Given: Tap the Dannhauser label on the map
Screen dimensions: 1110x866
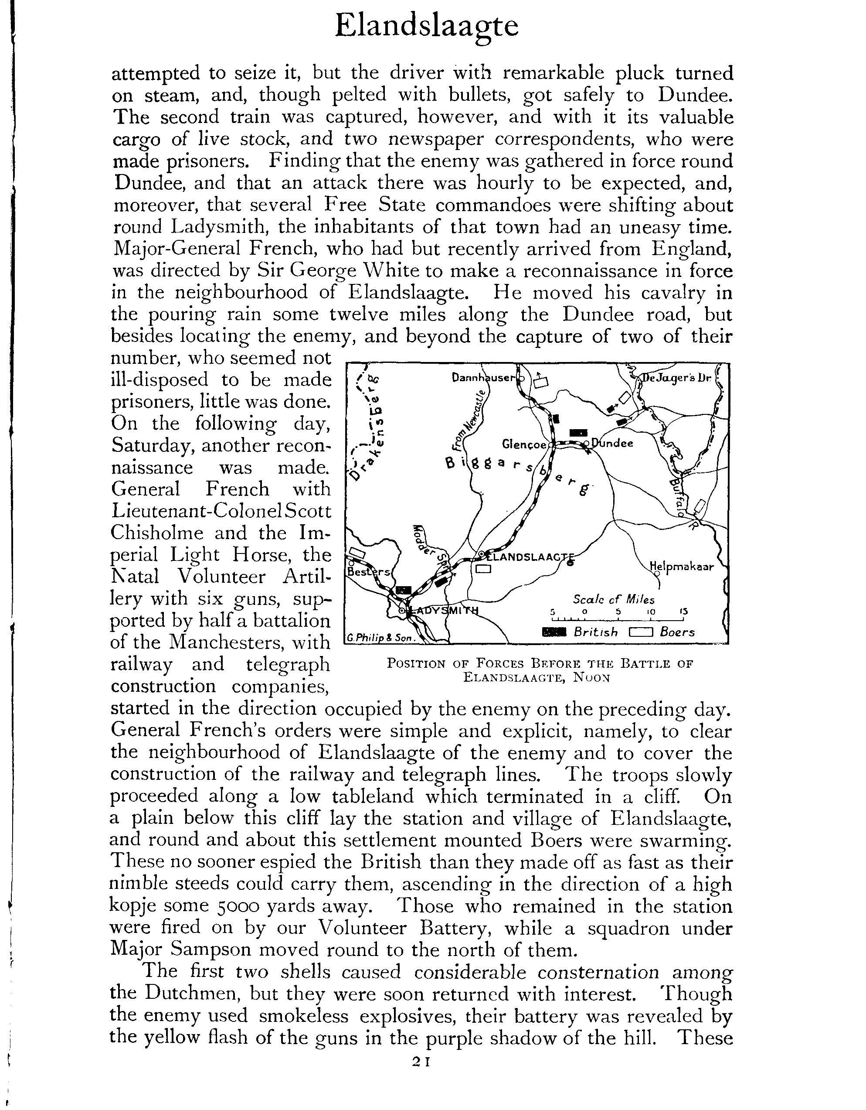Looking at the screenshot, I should coord(482,378).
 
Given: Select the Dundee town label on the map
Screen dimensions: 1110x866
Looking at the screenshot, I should coord(612,443).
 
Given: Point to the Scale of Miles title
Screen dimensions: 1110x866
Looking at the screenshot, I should coord(614,599).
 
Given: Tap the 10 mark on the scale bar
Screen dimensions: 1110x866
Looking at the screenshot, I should coord(651,611).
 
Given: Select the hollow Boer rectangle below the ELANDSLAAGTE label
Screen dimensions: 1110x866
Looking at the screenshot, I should coord(483,570).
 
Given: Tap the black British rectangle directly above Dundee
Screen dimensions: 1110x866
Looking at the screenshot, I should coord(578,433).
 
